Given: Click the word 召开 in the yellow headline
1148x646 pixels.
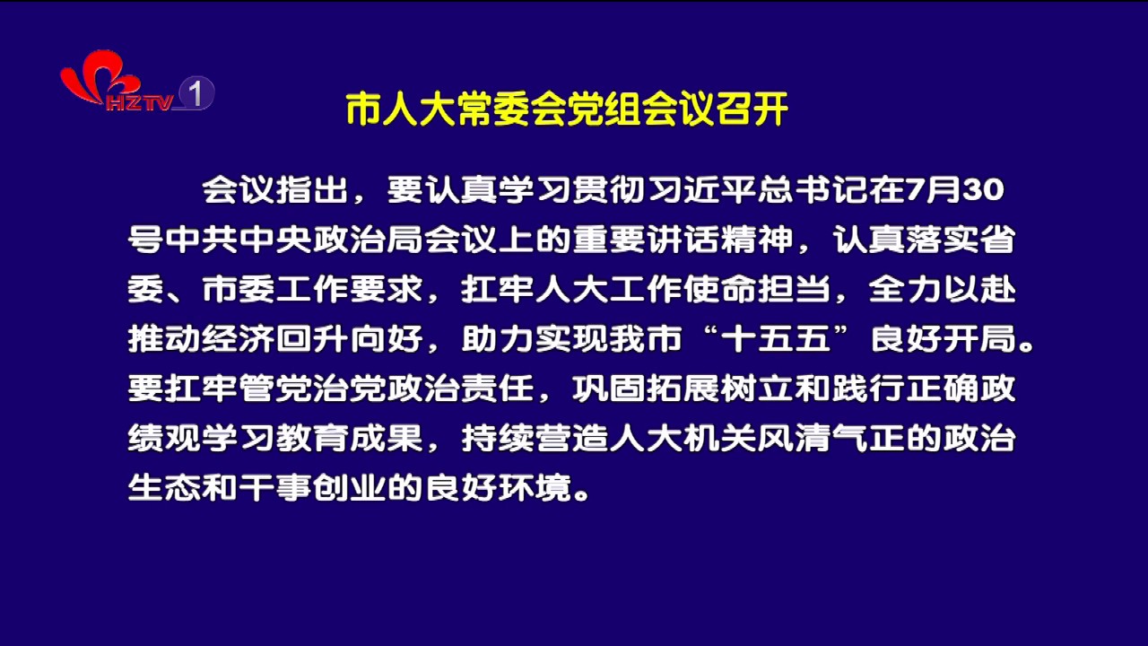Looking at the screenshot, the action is tap(752, 109).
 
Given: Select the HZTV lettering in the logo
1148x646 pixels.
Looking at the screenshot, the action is tap(139, 102).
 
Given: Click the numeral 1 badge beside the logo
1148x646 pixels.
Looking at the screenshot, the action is tap(196, 92).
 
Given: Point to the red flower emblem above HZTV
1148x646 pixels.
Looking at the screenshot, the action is tap(98, 77).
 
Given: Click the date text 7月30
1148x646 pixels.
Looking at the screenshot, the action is tap(955, 190).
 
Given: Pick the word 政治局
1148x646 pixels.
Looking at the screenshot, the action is tap(332, 240).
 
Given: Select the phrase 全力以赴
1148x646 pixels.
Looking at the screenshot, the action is tap(943, 289).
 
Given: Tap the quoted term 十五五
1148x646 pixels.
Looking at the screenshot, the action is tap(776, 339).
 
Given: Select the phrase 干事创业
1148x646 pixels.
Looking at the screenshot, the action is tap(313, 487).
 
